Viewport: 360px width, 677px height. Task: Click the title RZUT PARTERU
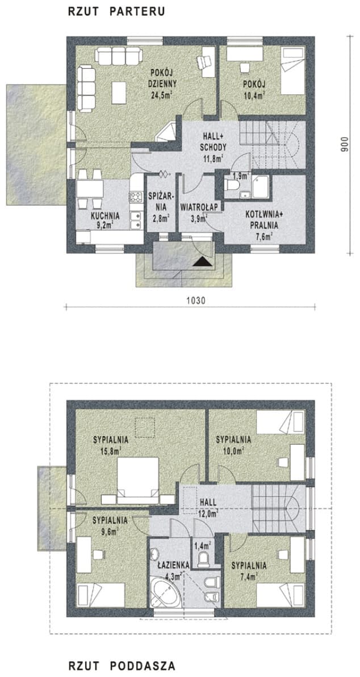click(116, 12)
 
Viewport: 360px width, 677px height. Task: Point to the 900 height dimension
click(344, 145)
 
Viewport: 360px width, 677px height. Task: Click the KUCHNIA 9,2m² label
click(105, 220)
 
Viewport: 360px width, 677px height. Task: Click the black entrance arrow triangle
click(203, 261)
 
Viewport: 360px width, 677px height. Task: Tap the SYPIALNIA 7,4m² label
click(249, 570)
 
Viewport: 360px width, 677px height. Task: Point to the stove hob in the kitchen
click(136, 197)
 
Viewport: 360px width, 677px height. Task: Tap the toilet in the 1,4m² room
click(203, 559)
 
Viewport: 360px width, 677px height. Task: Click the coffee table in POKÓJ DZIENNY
click(119, 93)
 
